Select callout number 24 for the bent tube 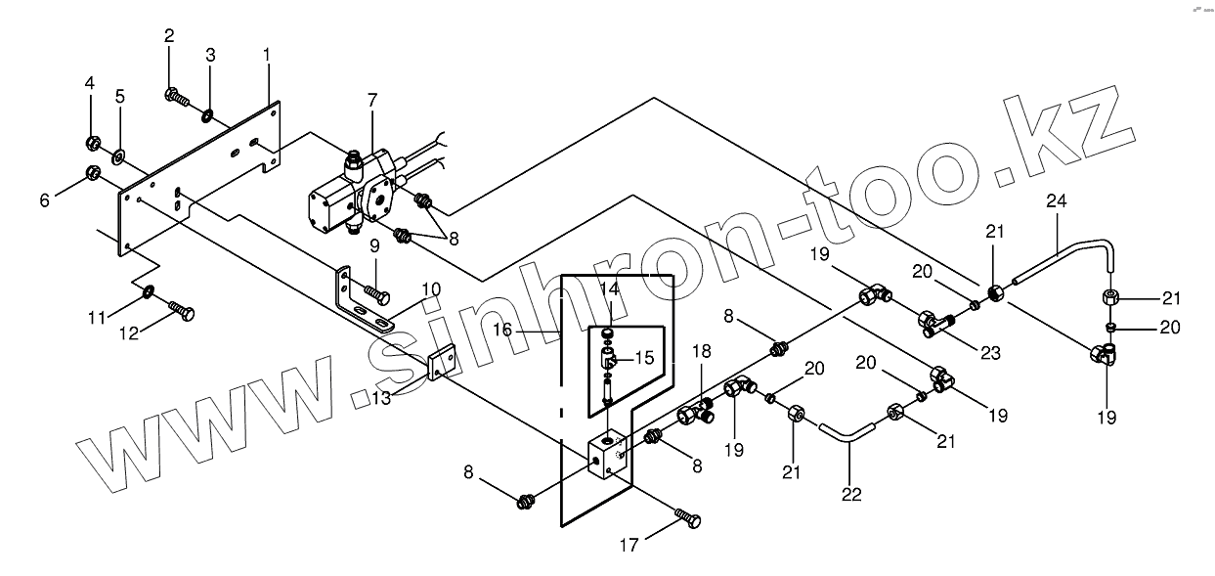1057,201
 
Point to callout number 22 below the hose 851,494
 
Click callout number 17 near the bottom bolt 629,545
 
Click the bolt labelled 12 182,311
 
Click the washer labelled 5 118,155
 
